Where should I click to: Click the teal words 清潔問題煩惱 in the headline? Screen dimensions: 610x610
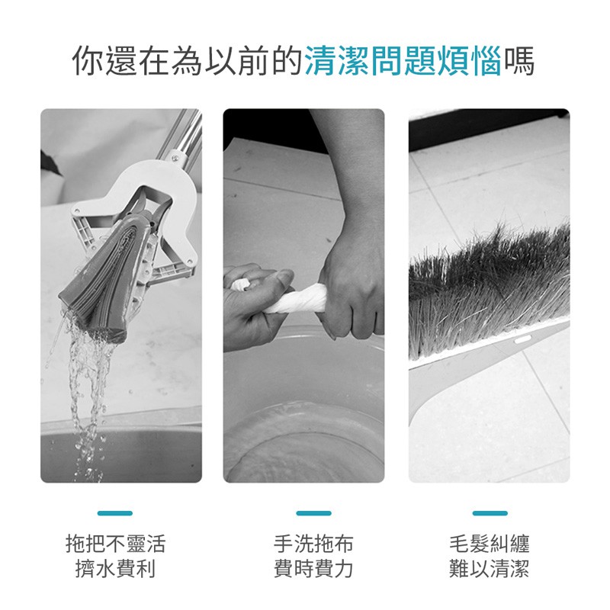click(403, 61)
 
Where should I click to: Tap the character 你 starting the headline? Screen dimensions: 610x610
click(88, 61)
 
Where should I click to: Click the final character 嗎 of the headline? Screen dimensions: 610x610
click(519, 61)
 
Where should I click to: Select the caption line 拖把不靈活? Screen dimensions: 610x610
click(116, 544)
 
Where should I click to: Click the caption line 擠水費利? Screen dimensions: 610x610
click(116, 569)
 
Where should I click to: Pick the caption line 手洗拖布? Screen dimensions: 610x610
click(313, 544)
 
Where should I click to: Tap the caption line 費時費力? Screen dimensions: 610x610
click(313, 569)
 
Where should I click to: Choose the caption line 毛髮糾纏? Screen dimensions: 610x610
click(490, 544)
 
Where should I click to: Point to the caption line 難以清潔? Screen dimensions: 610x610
click(490, 569)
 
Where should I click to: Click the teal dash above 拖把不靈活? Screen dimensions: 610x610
click(115, 513)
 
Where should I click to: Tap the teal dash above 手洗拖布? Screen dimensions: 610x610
click(313, 513)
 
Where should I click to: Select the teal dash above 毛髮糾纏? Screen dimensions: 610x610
click(490, 513)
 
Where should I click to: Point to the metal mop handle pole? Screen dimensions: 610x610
click(183, 134)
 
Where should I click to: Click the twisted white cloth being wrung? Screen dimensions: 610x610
click(290, 297)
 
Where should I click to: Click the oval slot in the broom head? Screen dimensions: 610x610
click(522, 340)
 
